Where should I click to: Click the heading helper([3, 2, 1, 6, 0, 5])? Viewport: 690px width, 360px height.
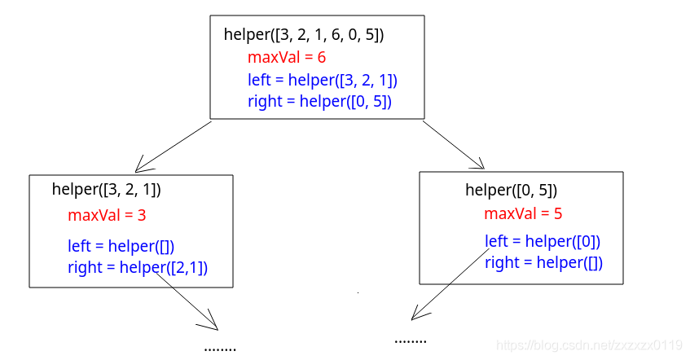(x=304, y=35)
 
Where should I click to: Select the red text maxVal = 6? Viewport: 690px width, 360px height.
(x=287, y=57)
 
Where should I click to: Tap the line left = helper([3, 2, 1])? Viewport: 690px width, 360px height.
(x=323, y=80)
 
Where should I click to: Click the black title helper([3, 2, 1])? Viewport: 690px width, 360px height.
(x=107, y=190)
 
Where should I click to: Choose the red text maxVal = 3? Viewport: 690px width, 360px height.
(x=107, y=215)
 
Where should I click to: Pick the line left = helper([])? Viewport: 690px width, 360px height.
(x=121, y=246)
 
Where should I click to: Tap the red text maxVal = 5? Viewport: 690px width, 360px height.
(x=523, y=214)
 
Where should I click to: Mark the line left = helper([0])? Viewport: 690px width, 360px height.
(x=543, y=241)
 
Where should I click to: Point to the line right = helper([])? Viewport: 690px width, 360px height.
(x=543, y=262)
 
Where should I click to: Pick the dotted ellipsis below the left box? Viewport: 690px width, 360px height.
(x=220, y=349)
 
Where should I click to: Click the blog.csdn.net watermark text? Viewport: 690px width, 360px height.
(x=589, y=345)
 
